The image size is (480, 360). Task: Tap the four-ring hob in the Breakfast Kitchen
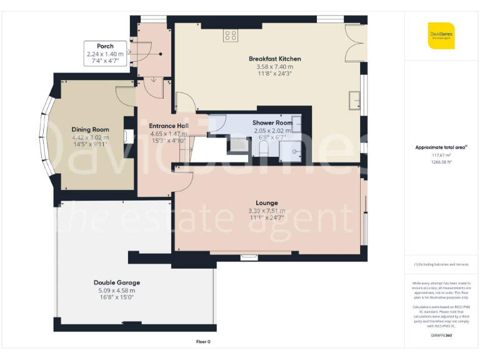pyautogui.click(x=230, y=36)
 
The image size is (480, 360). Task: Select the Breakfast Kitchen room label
pyautogui.click(x=274, y=59)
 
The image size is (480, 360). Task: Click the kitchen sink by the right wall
pyautogui.click(x=355, y=98)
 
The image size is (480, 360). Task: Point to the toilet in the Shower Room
pyautogui.click(x=264, y=147)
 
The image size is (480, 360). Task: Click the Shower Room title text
pyautogui.click(x=272, y=123)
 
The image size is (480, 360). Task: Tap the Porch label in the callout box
pyautogui.click(x=105, y=46)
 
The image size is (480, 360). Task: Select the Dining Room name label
pyautogui.click(x=90, y=130)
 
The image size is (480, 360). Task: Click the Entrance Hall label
pyautogui.click(x=168, y=126)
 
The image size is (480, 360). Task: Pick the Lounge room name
pyautogui.click(x=266, y=203)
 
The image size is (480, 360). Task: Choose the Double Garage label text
pyautogui.click(x=117, y=282)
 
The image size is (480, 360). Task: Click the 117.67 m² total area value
pyautogui.click(x=441, y=156)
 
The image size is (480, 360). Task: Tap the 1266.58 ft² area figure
pyautogui.click(x=441, y=162)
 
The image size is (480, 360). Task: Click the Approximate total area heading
pyautogui.click(x=441, y=147)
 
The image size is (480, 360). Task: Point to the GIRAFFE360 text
pyautogui.click(x=441, y=336)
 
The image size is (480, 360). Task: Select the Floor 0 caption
pyautogui.click(x=203, y=342)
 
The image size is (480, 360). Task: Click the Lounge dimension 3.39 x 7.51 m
pyautogui.click(x=266, y=211)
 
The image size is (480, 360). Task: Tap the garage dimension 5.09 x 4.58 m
pyautogui.click(x=117, y=290)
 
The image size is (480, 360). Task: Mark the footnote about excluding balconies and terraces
pyautogui.click(x=441, y=264)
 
